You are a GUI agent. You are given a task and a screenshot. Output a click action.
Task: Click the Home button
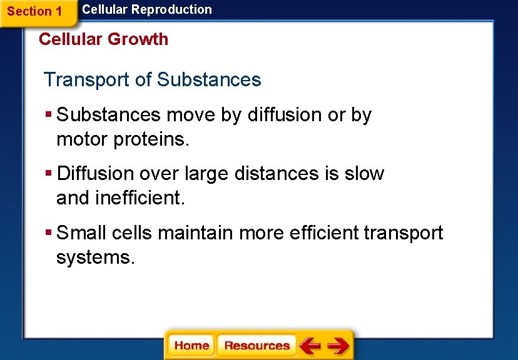191,346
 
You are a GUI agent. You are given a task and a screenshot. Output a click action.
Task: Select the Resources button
256,346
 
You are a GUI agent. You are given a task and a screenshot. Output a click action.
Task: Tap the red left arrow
310,346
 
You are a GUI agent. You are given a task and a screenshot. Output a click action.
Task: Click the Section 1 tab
34,11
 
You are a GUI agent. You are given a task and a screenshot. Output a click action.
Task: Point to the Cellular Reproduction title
147,9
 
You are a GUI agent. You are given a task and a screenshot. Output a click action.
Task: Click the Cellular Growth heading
103,39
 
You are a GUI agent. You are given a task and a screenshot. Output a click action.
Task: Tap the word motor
82,139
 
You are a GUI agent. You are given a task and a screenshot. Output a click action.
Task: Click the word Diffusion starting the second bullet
95,173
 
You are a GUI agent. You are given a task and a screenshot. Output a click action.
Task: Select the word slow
364,173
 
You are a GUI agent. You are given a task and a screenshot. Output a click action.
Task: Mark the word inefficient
140,197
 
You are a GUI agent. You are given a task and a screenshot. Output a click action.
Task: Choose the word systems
95,257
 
